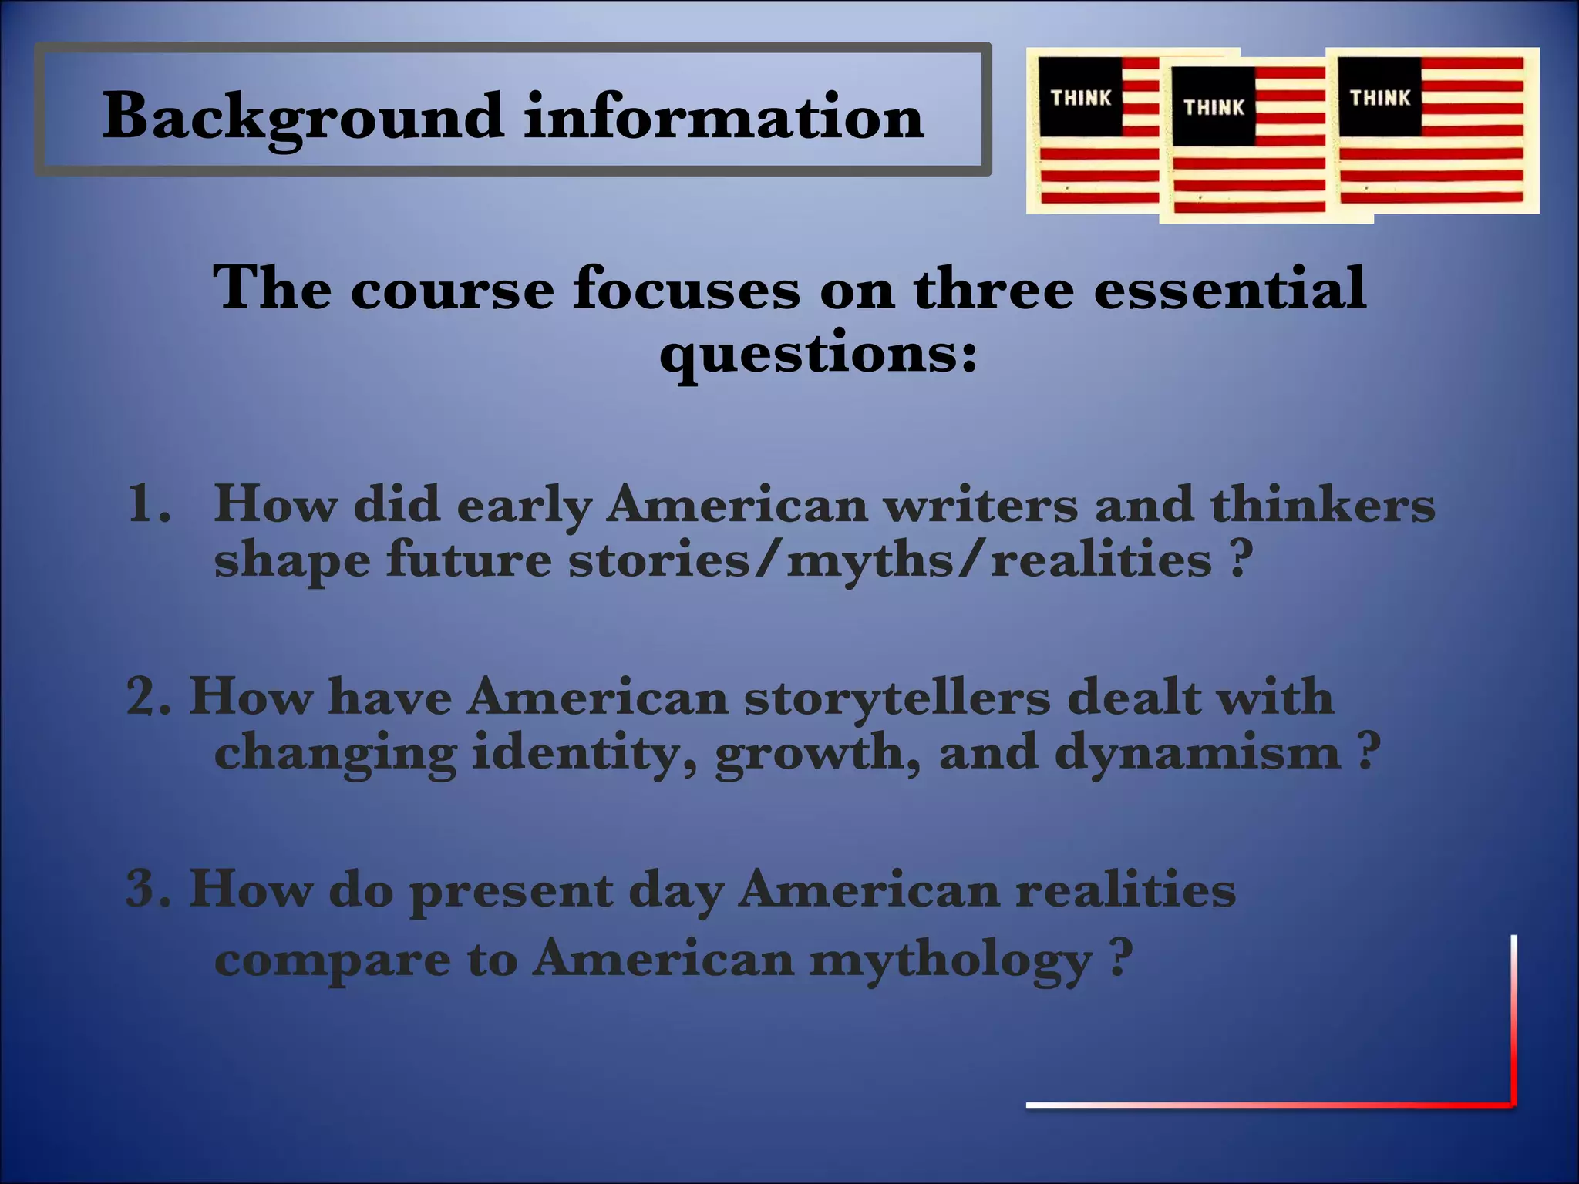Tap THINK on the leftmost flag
[x=1081, y=98]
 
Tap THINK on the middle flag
[x=1214, y=107]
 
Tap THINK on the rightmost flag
[x=1379, y=98]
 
